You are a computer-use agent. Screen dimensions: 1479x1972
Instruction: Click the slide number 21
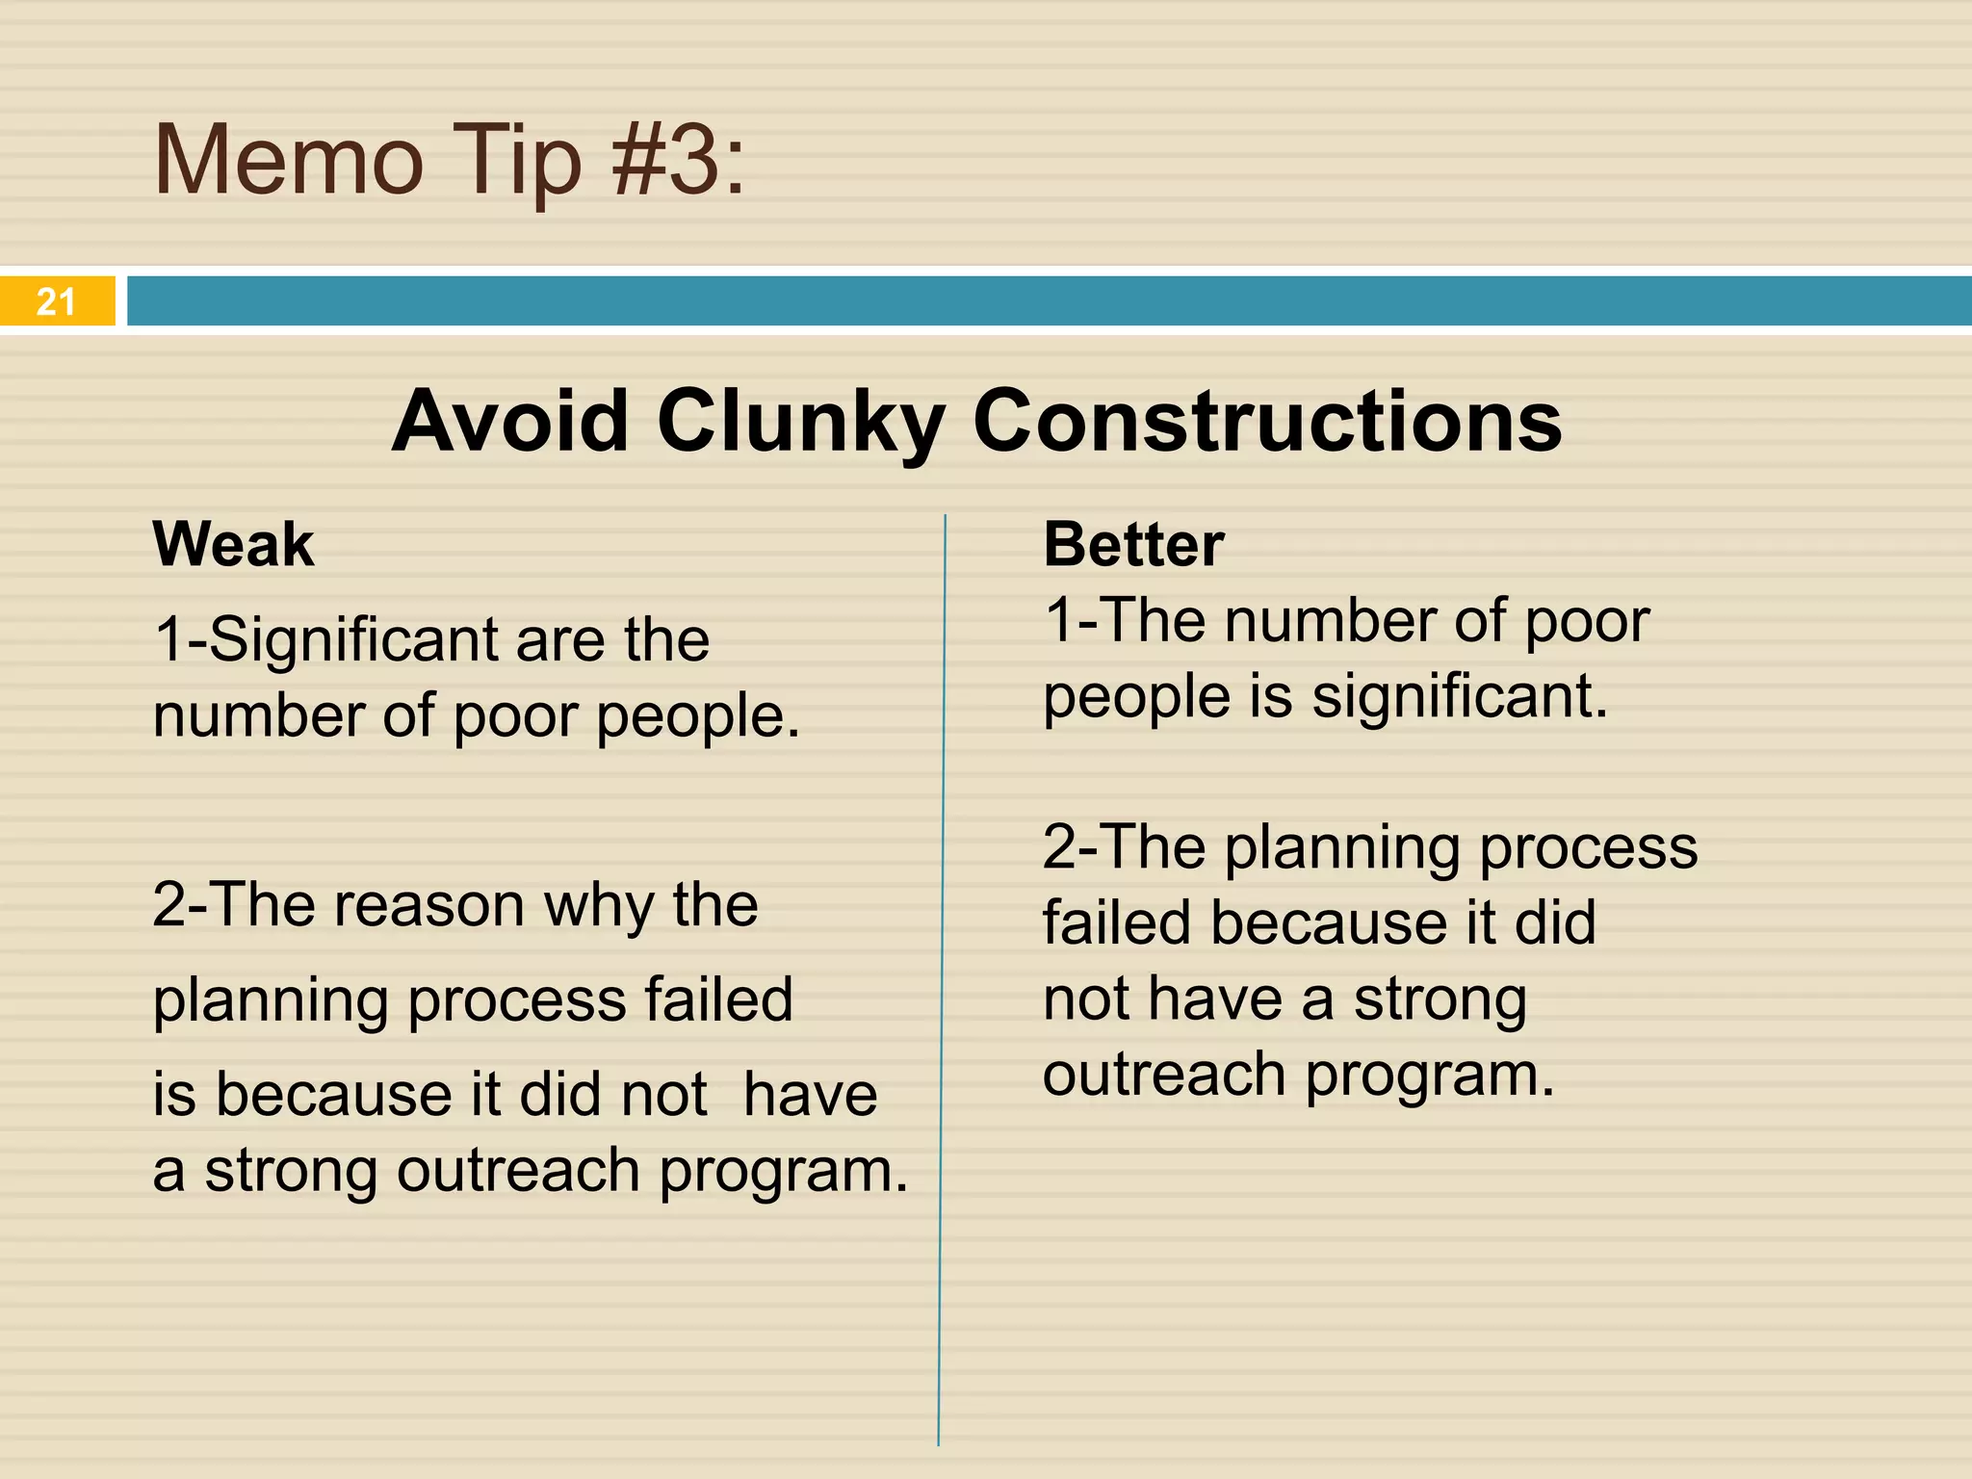coord(56,302)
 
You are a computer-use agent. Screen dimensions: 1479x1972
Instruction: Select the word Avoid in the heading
coord(510,421)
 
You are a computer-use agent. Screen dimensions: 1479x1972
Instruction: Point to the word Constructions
coord(1267,421)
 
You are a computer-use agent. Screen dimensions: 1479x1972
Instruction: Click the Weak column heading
coord(233,545)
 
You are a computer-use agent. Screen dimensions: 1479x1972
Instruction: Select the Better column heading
coord(1133,545)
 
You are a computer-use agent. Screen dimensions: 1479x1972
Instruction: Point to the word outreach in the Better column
coord(1163,1075)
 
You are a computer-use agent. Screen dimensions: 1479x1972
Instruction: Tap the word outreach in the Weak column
coord(518,1171)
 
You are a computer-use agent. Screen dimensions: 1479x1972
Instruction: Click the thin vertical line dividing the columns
coord(942,963)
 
